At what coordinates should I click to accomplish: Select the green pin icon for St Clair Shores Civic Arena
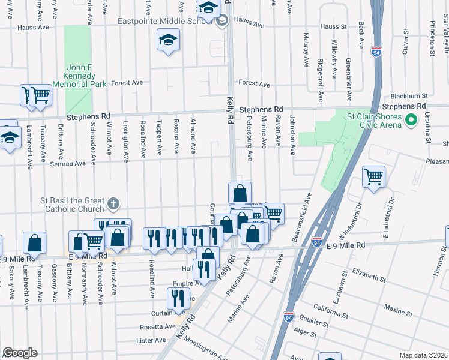point(411,121)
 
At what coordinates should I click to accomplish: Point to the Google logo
point(20,353)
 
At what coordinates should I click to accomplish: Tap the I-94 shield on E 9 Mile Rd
point(317,242)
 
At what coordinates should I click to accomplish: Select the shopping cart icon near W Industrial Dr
point(373,176)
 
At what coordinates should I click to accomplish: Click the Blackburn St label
point(409,95)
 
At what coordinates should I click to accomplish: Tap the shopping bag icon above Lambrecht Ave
point(35,242)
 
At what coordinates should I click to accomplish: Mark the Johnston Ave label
point(293,136)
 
